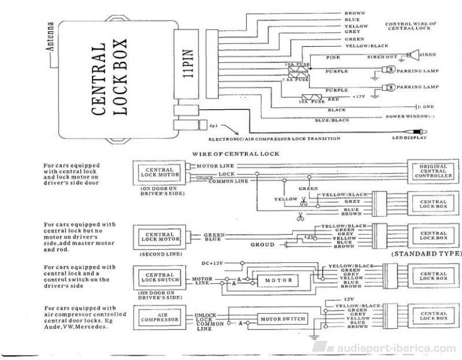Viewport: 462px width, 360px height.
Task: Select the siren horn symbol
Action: pos(413,55)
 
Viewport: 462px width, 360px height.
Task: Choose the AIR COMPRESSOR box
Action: pos(159,318)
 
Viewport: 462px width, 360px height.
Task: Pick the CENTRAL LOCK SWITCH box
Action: pos(159,277)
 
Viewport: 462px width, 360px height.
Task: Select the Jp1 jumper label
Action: pos(212,127)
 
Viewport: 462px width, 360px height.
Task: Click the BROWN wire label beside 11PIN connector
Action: pos(353,13)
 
